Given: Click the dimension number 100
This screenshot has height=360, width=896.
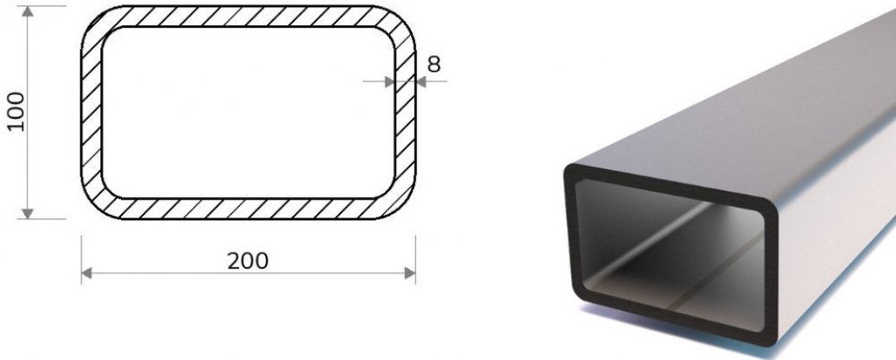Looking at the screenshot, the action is coord(16,112).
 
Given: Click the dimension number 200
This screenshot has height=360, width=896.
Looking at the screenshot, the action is coord(248,261).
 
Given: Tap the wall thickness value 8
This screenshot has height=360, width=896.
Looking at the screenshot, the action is coord(434,64).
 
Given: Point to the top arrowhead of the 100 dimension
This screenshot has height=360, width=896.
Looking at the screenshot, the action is coord(28,12).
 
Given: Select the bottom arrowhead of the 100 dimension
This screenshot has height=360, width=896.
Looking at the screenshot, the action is coord(28,214).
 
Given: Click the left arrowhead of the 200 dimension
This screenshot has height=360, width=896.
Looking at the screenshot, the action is coord(87,273).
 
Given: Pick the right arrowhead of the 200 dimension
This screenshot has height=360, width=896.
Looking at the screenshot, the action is coord(409,273).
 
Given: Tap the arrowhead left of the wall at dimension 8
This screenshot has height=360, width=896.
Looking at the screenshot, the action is coord(390,81).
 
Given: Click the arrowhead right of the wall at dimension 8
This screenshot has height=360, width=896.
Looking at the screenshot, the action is coord(421,81).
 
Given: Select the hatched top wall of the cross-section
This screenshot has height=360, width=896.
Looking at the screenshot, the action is coord(248,17).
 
